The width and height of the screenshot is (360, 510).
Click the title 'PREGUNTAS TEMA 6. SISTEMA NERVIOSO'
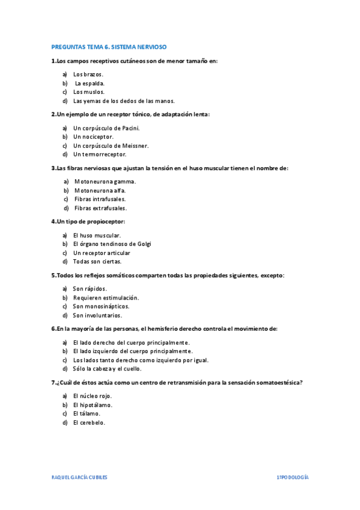point(109,46)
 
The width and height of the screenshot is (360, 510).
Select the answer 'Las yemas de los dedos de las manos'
point(124,101)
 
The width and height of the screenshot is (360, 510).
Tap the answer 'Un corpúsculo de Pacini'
point(106,128)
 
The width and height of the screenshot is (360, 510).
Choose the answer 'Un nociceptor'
point(93,137)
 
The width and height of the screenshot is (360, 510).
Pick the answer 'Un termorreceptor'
point(100,154)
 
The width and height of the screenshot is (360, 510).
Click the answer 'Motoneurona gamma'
point(105,181)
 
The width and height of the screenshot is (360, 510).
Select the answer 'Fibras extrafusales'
point(100,208)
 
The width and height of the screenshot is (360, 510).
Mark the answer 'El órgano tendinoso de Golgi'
point(112,244)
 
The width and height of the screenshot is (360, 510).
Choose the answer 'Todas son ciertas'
point(97,262)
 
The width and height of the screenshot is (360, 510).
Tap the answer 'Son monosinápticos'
point(101,306)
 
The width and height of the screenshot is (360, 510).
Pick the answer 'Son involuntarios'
point(97,315)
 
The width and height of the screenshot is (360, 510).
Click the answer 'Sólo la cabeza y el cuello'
point(107,369)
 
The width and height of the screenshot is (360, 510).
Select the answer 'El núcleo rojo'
point(92,396)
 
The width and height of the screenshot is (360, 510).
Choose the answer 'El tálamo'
point(87,413)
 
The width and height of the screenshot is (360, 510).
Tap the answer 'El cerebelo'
point(89,422)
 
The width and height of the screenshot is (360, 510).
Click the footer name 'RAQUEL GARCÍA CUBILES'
point(79,476)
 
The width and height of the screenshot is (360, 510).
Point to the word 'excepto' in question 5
point(272,275)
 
